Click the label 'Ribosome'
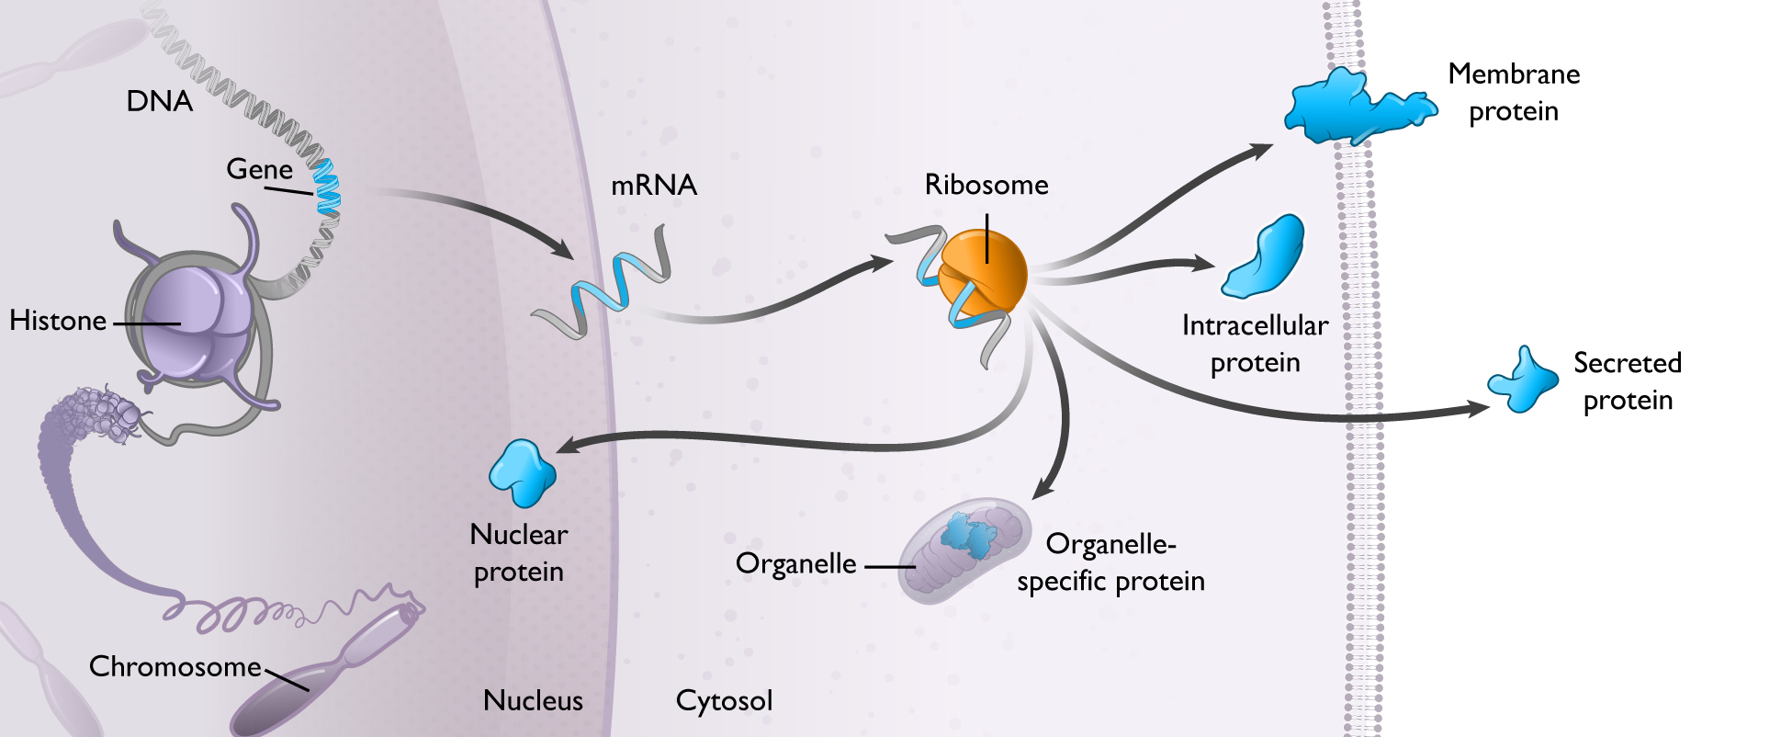986,185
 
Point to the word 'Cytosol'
724,700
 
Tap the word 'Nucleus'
533,700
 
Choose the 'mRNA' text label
654,185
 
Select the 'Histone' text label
58,321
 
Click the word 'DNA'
159,101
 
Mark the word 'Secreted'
1627,363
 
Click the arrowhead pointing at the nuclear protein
568,447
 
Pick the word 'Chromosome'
175,666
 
